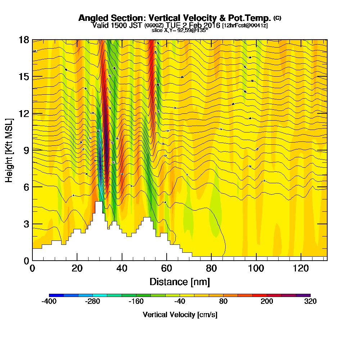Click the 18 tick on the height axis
(x=24, y=40)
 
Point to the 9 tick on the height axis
(x=25, y=150)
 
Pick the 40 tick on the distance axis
(x=122, y=269)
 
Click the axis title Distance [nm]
(x=180, y=282)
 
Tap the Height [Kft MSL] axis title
(x=10, y=150)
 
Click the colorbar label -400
(x=49, y=302)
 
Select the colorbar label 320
(x=310, y=302)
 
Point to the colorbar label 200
(x=267, y=302)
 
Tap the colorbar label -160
(x=136, y=302)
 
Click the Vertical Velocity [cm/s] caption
(x=180, y=315)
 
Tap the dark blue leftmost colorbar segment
(x=56, y=295)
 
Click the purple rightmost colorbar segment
(x=303, y=295)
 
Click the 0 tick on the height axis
(x=26, y=260)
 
